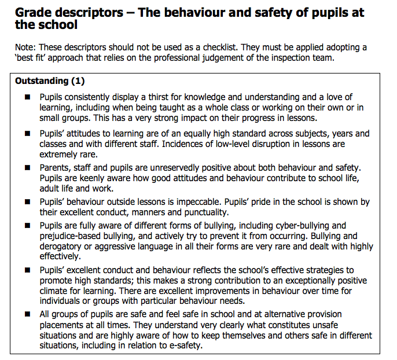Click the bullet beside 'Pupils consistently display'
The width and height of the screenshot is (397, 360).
tap(27, 98)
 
